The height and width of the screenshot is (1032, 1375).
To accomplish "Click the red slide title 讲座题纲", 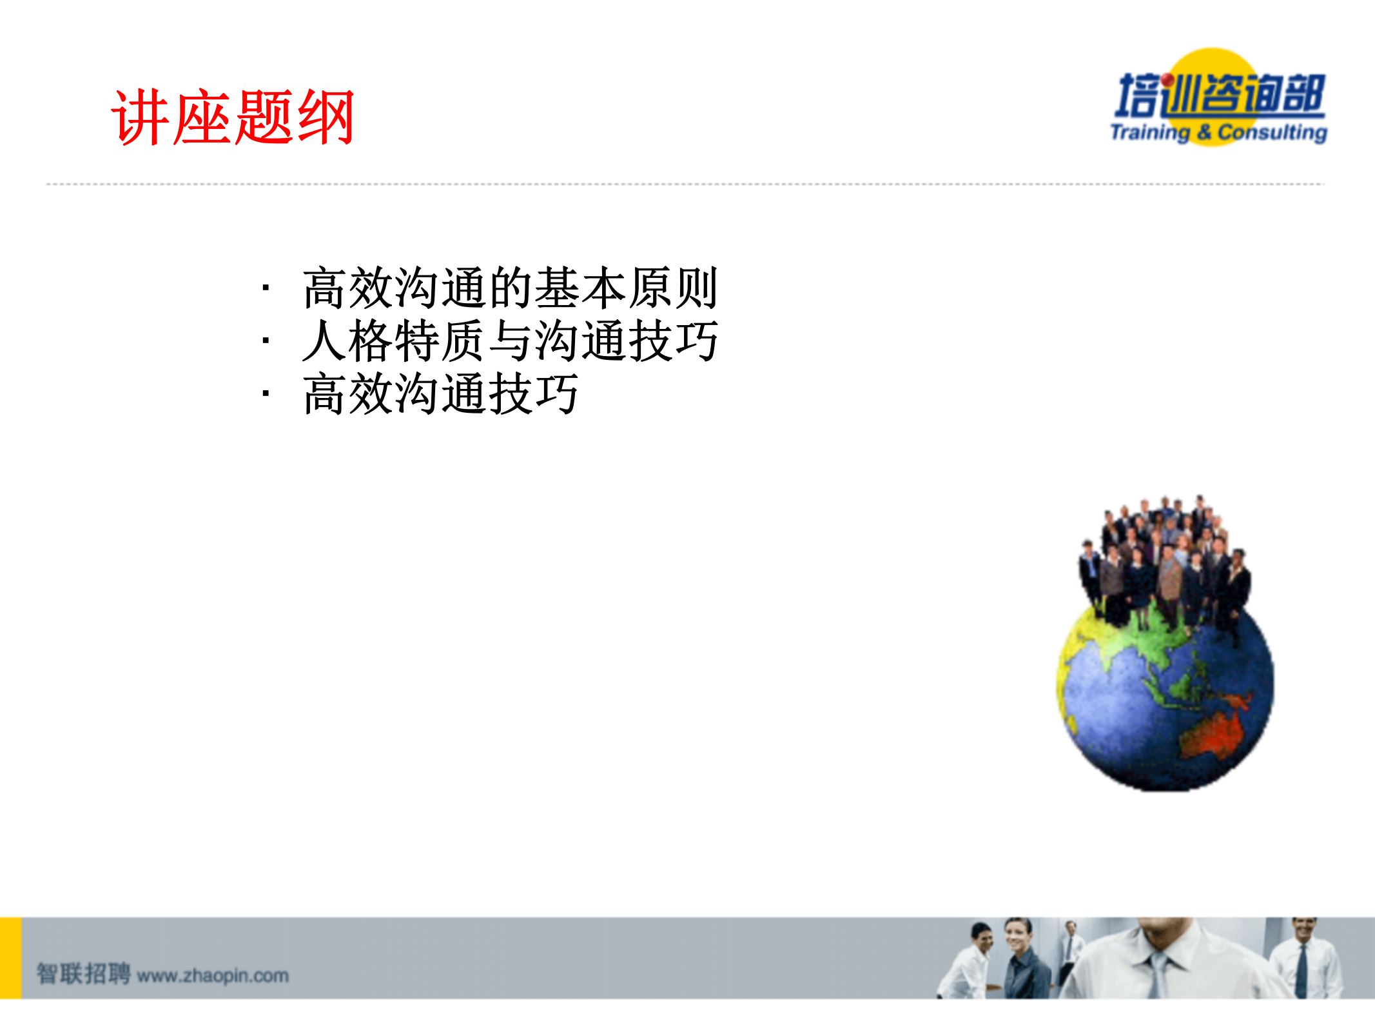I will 232,117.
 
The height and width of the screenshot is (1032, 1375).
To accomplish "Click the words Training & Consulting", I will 1218,132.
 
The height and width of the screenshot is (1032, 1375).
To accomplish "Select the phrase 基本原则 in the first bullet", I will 626,288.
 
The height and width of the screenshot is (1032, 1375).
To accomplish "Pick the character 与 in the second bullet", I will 511,341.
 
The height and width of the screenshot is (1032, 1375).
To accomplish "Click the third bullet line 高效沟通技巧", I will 441,393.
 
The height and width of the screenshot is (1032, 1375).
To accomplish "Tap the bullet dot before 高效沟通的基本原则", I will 265,288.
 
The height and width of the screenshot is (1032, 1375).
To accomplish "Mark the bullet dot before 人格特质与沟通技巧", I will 265,341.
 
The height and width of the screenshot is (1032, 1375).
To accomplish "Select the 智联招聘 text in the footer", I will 84,974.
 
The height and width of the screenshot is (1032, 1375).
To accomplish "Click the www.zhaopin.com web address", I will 213,975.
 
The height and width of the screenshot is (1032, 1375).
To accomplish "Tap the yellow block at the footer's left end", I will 10,958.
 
